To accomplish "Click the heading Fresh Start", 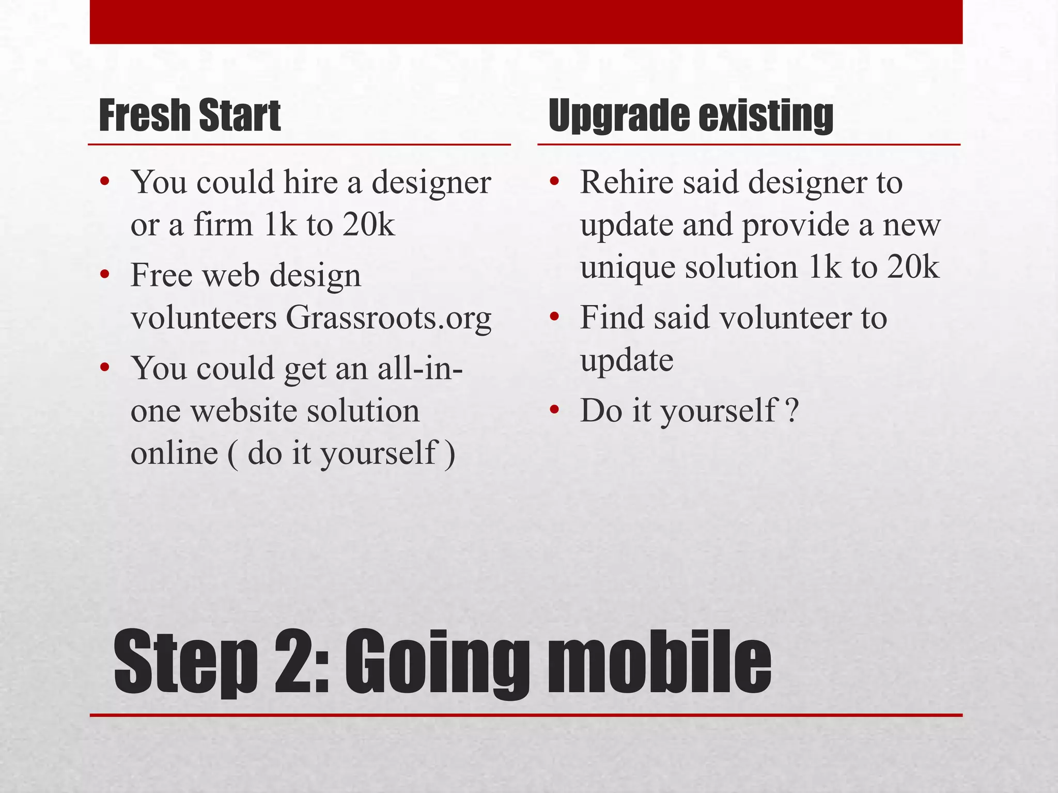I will coord(190,115).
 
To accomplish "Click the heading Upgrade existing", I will coord(691,115).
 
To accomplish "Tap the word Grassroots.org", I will coord(388,318).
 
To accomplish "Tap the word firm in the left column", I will coord(223,225).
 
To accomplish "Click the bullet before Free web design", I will coord(105,275).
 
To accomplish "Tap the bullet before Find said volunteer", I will coord(555,317).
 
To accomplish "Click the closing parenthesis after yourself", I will coord(450,454).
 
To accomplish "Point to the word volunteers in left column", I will coord(204,318).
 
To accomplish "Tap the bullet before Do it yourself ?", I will coord(555,410).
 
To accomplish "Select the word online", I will coord(175,454).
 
